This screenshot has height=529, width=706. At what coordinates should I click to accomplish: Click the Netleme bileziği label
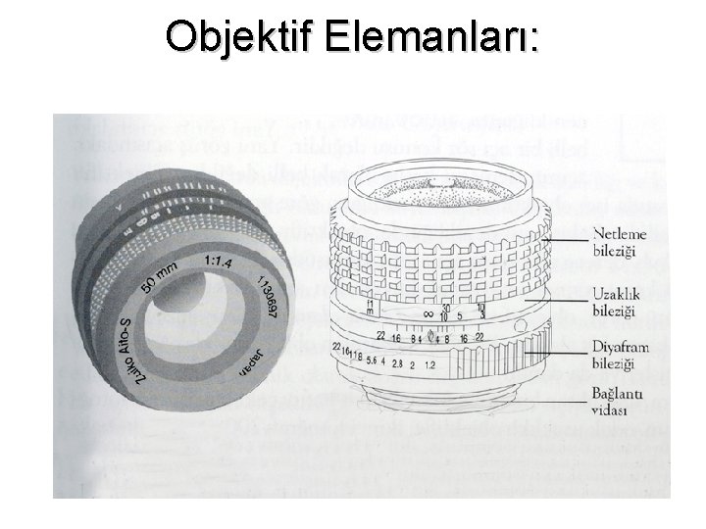click(615, 243)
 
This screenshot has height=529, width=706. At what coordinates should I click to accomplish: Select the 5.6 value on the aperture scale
click(373, 360)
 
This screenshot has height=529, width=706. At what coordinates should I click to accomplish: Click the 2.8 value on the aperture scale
click(397, 363)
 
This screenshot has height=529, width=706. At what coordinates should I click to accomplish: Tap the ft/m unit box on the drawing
click(370, 308)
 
